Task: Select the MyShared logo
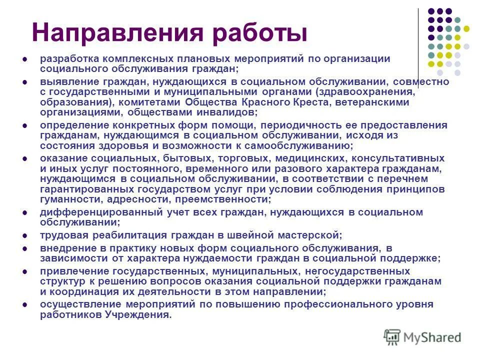point(422,337)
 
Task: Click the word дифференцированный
point(88,212)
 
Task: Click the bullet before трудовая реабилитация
point(24,235)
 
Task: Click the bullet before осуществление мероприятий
point(24,304)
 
